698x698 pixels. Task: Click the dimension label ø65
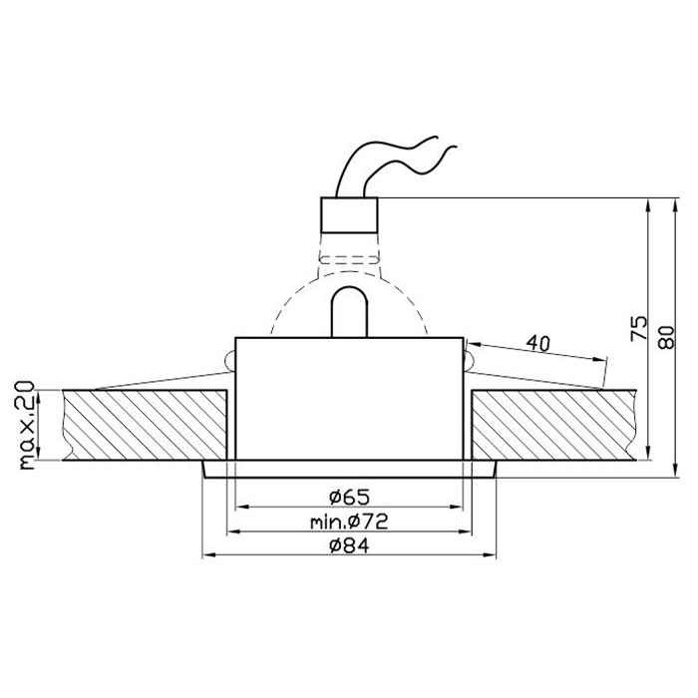[x=349, y=497]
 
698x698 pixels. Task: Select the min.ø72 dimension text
[x=349, y=522]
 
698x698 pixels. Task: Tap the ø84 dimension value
[x=349, y=545]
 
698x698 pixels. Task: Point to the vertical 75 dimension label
[x=639, y=328]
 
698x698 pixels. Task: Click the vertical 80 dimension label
[x=666, y=337]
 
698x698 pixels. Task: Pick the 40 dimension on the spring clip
[x=538, y=343]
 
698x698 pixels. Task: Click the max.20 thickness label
[x=27, y=425]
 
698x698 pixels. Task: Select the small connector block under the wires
[x=349, y=215]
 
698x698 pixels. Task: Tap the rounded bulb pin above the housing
[x=349, y=311]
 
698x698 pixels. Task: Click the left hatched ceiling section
[x=145, y=425]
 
